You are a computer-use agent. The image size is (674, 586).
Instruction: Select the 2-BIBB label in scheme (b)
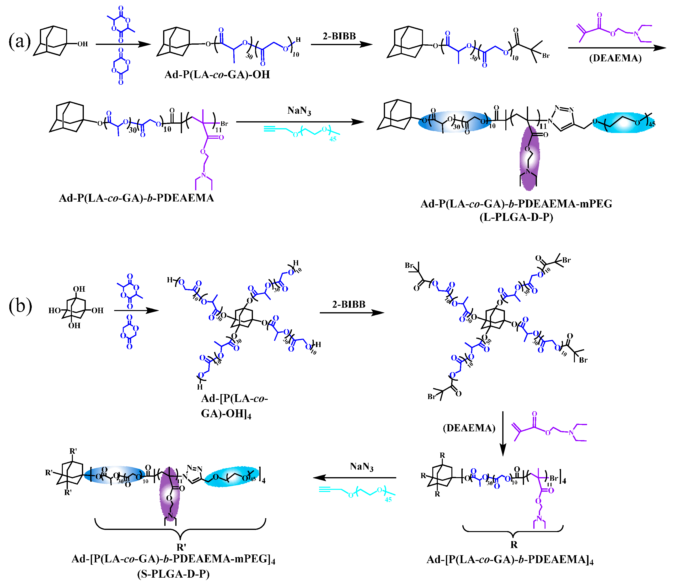click(348, 304)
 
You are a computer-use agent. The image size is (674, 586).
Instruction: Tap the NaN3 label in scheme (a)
click(299, 111)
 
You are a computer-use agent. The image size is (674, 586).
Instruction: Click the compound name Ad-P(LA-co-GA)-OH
click(217, 74)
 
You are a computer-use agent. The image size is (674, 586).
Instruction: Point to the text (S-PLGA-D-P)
click(173, 574)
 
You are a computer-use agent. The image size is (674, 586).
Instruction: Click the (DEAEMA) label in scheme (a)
click(615, 58)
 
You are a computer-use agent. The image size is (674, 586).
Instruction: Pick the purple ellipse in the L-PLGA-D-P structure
click(530, 158)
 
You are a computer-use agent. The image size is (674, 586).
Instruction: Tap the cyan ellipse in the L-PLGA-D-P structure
click(623, 123)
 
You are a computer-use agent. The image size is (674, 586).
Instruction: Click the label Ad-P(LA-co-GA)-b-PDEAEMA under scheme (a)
click(136, 198)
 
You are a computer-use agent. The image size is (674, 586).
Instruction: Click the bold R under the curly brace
click(514, 544)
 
